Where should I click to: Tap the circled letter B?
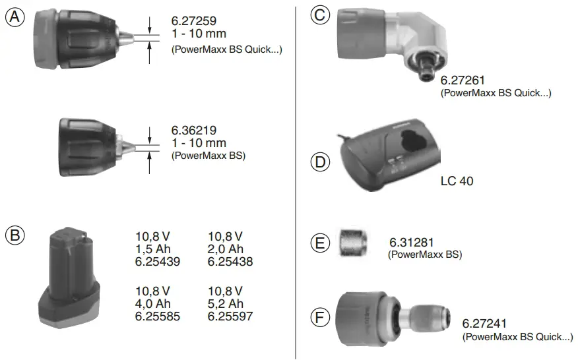tap(15, 235)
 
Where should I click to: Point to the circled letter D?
tap(320, 162)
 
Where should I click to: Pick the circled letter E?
tap(320, 243)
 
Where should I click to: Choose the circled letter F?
tap(320, 318)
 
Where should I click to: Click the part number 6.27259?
tap(194, 22)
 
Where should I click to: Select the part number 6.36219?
tap(194, 131)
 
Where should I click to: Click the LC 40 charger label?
tap(457, 180)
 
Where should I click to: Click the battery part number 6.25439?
tap(158, 262)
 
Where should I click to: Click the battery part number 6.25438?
tap(230, 262)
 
